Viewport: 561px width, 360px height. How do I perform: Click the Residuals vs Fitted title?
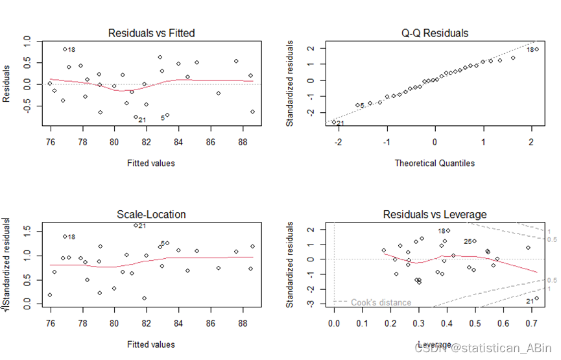click(x=151, y=33)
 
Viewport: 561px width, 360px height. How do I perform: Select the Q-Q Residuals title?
click(x=435, y=33)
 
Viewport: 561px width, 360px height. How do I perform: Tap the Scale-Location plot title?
click(x=151, y=214)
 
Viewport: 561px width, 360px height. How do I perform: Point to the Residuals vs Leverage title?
click(x=435, y=214)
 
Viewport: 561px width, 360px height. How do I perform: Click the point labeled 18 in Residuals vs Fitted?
click(x=65, y=49)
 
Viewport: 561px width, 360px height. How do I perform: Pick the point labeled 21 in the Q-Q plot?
click(x=335, y=122)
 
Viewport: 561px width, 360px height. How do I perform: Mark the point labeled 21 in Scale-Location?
click(x=136, y=226)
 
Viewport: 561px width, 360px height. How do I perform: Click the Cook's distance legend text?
click(x=381, y=302)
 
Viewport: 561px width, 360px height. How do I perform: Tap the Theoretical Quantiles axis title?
click(x=435, y=163)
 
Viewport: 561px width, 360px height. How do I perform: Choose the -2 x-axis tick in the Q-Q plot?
click(x=338, y=138)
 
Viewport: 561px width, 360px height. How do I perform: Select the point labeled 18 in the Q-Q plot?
click(x=537, y=49)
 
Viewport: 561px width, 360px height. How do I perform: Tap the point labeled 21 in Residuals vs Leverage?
click(x=536, y=298)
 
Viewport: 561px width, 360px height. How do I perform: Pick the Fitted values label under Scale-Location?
click(x=151, y=344)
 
